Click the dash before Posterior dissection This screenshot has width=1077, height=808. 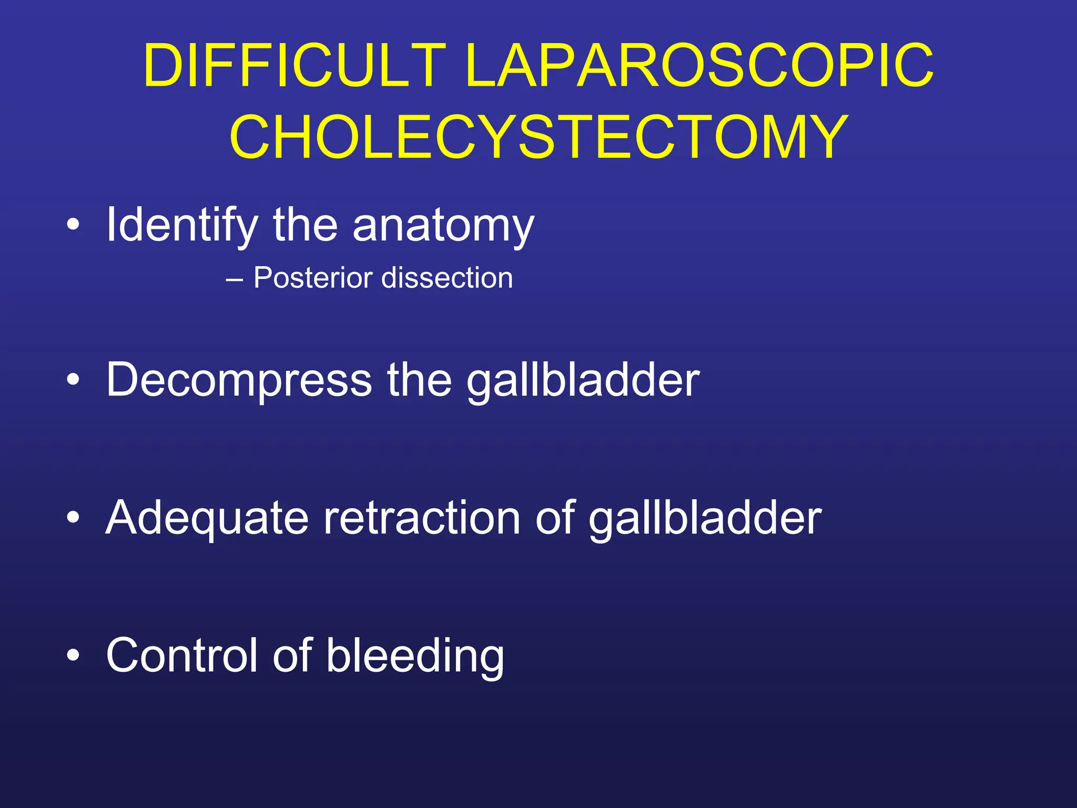pyautogui.click(x=234, y=279)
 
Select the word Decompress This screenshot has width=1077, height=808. pyautogui.click(x=239, y=380)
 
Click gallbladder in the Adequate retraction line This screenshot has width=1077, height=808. pyautogui.click(x=705, y=518)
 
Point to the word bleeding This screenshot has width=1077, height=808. pyautogui.click(x=415, y=655)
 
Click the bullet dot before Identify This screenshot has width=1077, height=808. pyautogui.click(x=74, y=226)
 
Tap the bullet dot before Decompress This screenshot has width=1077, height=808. pyautogui.click(x=74, y=380)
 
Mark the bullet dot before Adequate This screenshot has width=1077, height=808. pyautogui.click(x=74, y=518)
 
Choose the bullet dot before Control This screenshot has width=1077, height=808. pyautogui.click(x=74, y=655)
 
